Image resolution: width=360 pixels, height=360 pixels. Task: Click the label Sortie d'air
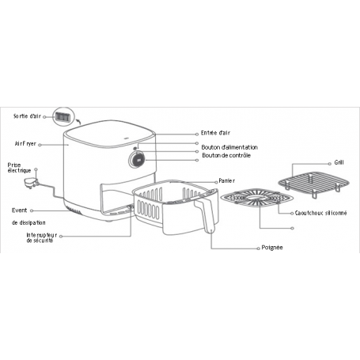pos(27,116)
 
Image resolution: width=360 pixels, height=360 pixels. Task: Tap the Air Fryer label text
pos(25,144)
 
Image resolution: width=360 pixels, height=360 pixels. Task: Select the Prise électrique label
pos(19,168)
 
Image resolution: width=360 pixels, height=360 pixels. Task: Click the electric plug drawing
pos(31,183)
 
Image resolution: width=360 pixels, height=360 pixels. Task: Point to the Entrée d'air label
pos(215,133)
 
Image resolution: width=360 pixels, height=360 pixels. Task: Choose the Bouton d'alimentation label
pos(229,147)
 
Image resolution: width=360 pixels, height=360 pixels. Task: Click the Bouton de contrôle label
pos(226,155)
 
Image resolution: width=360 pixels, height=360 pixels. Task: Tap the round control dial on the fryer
pos(137,160)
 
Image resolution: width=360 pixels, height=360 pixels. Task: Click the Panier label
pos(226,181)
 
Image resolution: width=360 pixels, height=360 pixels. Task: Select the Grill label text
pos(339,162)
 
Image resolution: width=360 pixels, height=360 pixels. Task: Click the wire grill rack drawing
pos(314,184)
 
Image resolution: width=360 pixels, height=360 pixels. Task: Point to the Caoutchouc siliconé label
pos(320,213)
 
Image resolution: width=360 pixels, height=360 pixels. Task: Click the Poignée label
pos(272,248)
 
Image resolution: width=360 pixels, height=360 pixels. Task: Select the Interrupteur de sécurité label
pos(42,237)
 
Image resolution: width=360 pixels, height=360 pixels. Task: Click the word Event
pos(19,210)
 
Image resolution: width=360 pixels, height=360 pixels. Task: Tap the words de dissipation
pos(28,222)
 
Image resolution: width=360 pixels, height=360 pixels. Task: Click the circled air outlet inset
pos(63,117)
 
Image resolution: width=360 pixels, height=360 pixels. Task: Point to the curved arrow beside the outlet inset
pos(78,121)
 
